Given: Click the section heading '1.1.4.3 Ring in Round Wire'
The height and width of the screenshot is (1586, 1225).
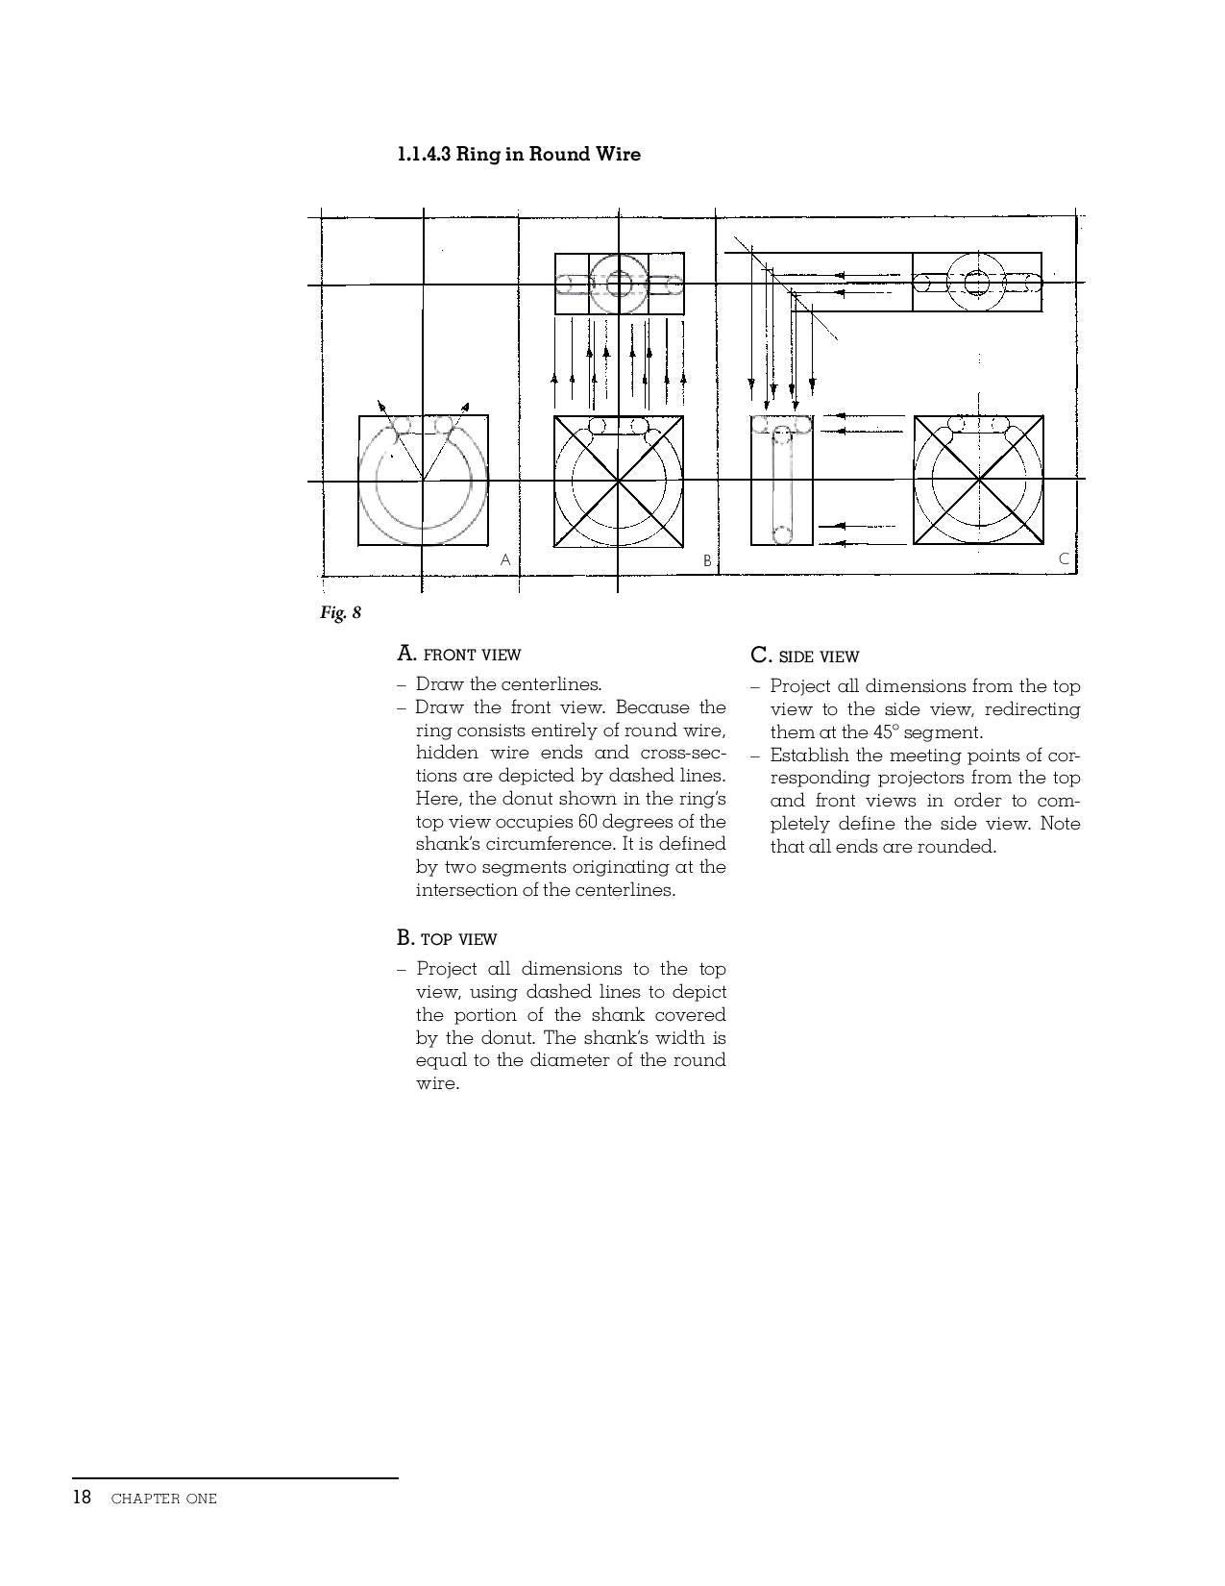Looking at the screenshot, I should click(519, 154).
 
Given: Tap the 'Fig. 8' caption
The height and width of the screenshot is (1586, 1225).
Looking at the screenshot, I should click(340, 612).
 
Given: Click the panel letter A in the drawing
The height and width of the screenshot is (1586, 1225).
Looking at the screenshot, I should click(505, 559).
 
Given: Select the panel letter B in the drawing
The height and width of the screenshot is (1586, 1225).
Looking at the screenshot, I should click(707, 560).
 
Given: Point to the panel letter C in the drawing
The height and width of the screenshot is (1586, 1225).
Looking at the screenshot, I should click(1064, 558).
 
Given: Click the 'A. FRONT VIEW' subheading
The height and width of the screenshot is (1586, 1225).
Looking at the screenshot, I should click(458, 655).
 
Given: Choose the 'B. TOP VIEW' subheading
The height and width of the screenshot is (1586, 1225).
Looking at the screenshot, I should click(447, 938).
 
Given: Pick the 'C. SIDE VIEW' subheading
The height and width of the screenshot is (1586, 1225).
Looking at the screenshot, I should click(804, 657).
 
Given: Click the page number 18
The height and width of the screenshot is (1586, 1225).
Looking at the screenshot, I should click(82, 1498).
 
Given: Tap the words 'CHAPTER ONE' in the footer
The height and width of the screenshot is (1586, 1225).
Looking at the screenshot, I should click(163, 1499).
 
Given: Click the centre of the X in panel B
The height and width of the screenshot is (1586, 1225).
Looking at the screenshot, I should click(619, 480).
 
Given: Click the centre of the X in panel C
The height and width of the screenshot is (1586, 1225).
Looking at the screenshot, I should click(978, 479).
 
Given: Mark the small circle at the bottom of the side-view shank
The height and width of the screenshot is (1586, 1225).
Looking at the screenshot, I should click(782, 533).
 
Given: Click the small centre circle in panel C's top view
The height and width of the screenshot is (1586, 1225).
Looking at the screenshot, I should click(976, 282).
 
